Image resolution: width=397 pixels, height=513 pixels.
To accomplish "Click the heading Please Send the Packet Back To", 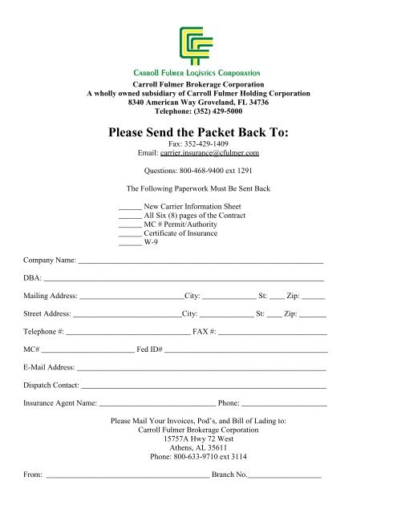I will point(198,131).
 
